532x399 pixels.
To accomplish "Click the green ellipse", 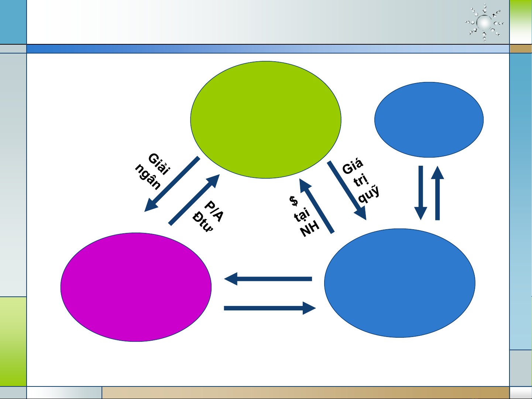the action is (266, 120).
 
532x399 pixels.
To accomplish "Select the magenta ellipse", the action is (136, 287).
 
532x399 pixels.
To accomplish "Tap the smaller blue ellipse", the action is (429, 120).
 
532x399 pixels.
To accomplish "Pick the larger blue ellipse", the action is (400, 283).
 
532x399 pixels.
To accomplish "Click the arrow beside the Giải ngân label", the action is (172, 184).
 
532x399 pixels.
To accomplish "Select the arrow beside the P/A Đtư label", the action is (194, 200).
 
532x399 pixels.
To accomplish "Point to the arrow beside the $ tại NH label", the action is (317, 206).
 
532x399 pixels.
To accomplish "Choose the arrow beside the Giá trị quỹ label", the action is (347, 190).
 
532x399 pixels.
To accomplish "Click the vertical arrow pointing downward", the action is (421, 193).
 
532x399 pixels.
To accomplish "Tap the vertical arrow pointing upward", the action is (437, 193).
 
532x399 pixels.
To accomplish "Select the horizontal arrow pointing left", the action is (268, 279).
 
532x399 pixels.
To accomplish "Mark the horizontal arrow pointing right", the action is (270, 308).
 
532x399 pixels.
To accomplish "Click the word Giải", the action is (159, 164).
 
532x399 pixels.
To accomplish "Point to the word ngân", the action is (148, 177).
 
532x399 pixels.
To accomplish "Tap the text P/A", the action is (214, 211).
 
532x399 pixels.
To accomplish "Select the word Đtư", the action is (203, 222).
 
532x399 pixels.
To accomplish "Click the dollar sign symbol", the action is (294, 201).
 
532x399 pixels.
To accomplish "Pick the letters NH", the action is (309, 229).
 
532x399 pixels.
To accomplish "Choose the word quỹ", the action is (369, 194).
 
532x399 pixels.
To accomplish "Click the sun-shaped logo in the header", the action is (484, 23).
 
